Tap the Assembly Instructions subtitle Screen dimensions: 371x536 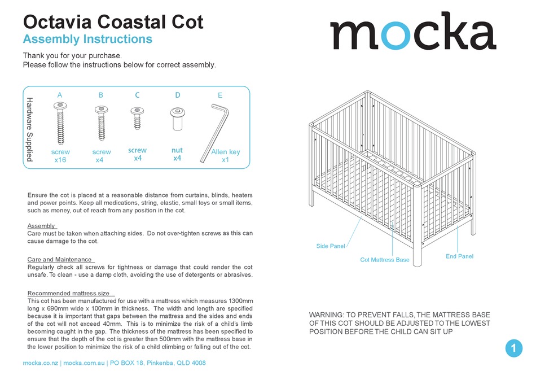pyautogui.click(x=87, y=40)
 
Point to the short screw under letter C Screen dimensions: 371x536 pyautogui.click(x=137, y=118)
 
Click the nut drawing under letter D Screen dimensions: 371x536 pyautogui.click(x=177, y=118)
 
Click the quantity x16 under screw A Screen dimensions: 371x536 pyautogui.click(x=60, y=160)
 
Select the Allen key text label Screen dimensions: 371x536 pyautogui.click(x=225, y=152)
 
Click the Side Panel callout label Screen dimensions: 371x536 pyautogui.click(x=331, y=246)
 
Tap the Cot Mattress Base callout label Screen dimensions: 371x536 pyautogui.click(x=385, y=260)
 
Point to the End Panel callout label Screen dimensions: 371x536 pyautogui.click(x=459, y=256)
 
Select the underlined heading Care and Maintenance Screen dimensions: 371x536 pyautogui.click(x=60, y=259)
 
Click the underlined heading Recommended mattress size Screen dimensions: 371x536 pyautogui.click(x=69, y=293)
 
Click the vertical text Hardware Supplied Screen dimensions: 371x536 pyautogui.click(x=30, y=129)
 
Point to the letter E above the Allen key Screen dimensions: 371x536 pyautogui.click(x=220, y=95)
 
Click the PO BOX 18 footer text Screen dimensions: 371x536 pyautogui.click(x=134, y=363)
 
